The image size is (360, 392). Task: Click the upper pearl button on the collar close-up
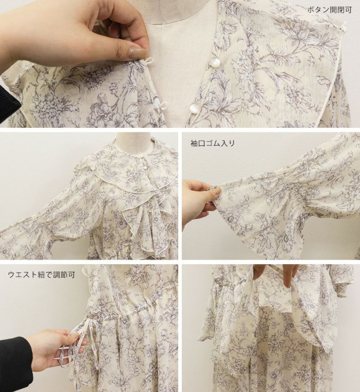pyautogui.click(x=214, y=62)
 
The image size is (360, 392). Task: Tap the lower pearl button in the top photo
pyautogui.click(x=194, y=108)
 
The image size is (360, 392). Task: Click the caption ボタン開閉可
pyautogui.click(x=329, y=10)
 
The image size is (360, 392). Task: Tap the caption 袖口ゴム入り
pyautogui.click(x=212, y=143)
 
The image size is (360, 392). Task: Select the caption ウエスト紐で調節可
pyautogui.click(x=41, y=275)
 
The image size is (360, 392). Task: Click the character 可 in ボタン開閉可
pyautogui.click(x=348, y=10)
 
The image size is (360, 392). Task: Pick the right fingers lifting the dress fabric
pyautogui.click(x=291, y=278)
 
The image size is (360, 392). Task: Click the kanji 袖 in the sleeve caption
pyautogui.click(x=194, y=143)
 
